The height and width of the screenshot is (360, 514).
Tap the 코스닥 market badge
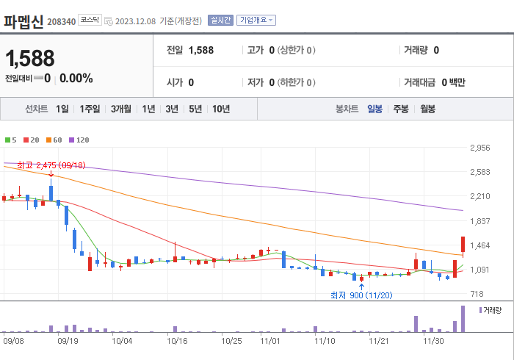[90, 21]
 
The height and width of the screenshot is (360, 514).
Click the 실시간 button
[220, 21]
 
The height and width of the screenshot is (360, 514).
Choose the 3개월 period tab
[121, 109]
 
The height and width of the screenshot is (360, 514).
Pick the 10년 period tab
[220, 109]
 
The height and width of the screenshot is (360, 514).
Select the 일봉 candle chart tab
[374, 109]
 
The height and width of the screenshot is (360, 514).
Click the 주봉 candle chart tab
[400, 109]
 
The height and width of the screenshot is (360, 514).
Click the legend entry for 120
[79, 140]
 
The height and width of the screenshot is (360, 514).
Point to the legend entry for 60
[54, 140]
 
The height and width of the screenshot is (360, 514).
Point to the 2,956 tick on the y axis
[479, 148]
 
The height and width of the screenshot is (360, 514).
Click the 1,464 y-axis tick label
[479, 245]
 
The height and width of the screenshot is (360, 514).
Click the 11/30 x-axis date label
[432, 341]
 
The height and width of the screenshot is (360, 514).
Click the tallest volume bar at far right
[463, 318]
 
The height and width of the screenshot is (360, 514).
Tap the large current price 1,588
[29, 59]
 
